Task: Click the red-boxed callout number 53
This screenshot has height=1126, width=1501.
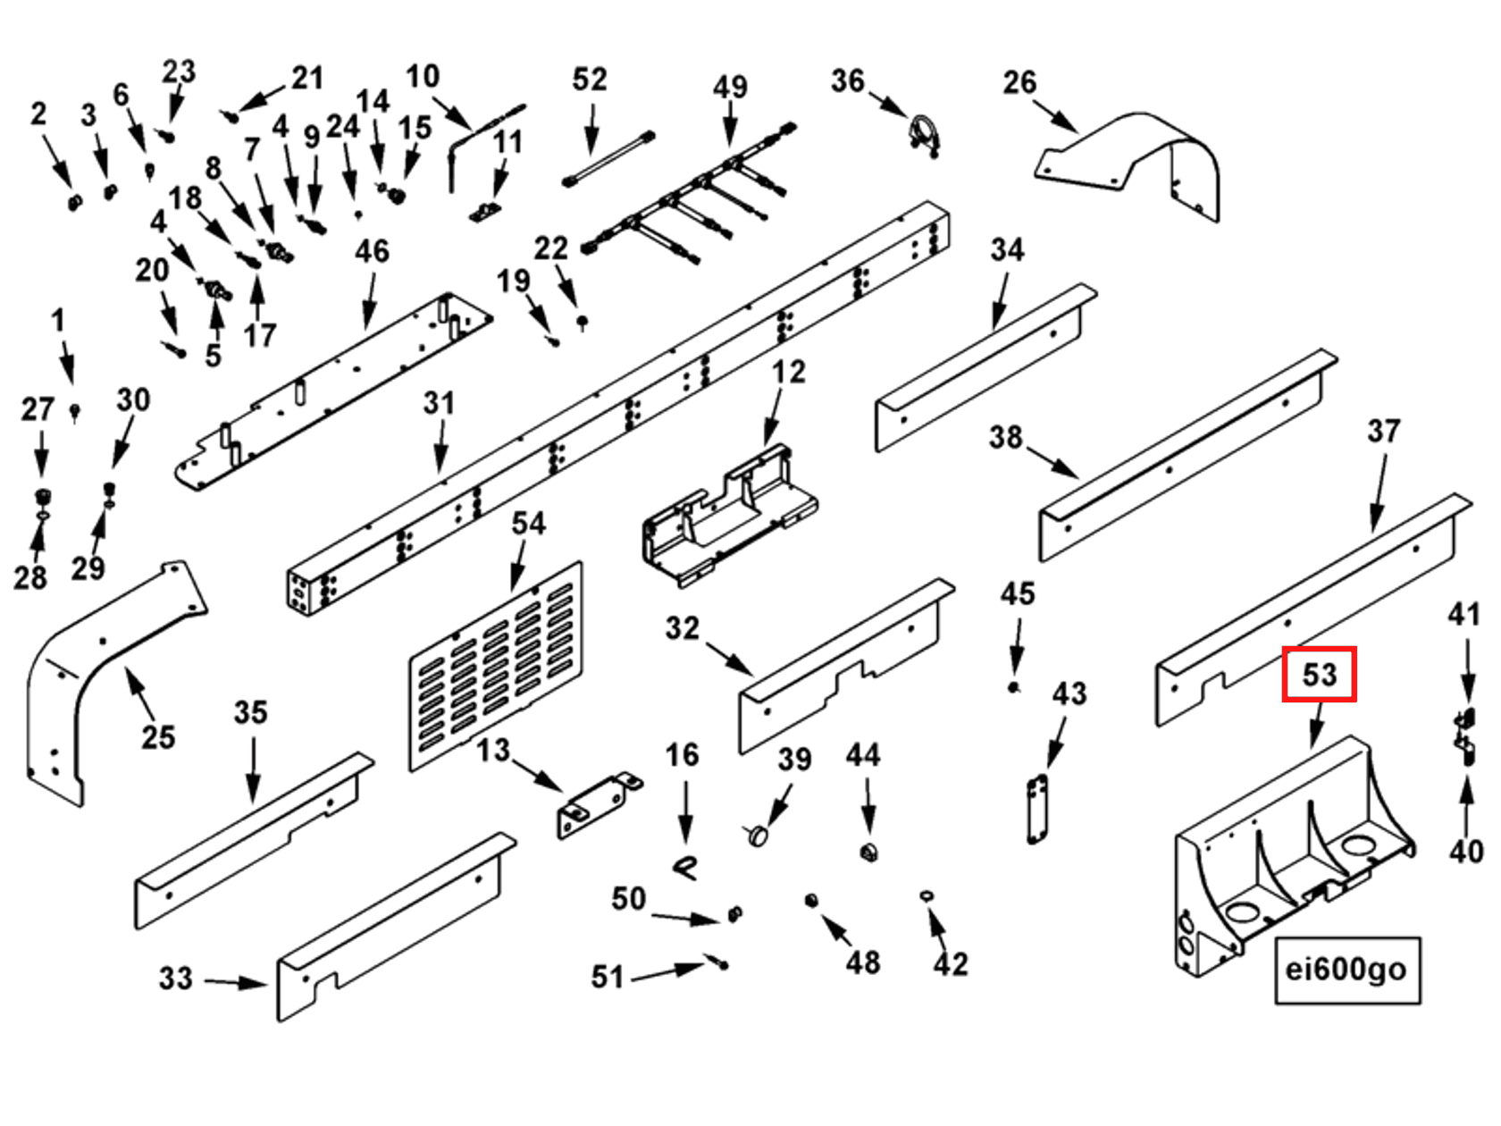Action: point(1319,674)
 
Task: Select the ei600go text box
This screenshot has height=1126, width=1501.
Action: point(1346,970)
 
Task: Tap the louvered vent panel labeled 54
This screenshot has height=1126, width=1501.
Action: point(496,666)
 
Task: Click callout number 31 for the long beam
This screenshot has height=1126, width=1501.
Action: point(439,403)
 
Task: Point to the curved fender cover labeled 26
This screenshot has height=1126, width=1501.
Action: point(1135,161)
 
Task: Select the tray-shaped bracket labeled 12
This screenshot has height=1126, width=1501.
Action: point(728,518)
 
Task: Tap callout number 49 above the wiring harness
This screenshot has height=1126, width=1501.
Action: point(730,87)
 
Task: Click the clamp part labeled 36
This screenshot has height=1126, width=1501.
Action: point(924,137)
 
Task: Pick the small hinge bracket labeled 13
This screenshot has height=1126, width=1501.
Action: point(597,804)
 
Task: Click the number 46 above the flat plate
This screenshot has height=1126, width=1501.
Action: point(372,251)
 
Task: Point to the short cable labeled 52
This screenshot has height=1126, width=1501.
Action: point(610,159)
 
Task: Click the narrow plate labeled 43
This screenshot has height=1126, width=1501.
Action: point(1036,809)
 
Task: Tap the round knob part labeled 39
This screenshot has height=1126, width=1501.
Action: point(759,836)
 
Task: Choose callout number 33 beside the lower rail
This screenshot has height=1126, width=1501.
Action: point(176,978)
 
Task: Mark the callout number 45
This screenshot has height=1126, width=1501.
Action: point(1017,593)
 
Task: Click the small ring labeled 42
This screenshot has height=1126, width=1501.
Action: point(927,895)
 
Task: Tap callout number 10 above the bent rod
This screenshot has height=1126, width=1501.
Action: point(422,76)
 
